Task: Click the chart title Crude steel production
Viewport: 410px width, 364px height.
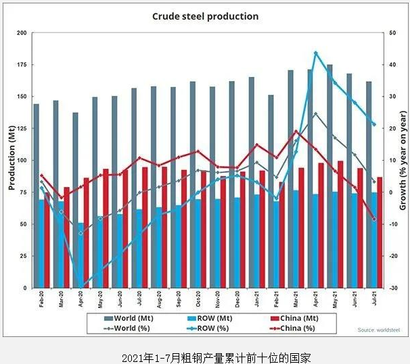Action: coord(205,16)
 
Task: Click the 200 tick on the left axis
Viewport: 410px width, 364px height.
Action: coord(22,32)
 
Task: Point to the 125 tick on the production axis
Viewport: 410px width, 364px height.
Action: coord(22,128)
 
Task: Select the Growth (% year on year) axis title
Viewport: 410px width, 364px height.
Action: coord(403,160)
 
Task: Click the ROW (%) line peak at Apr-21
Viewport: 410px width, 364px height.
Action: coord(316,53)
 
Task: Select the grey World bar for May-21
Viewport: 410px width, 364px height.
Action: coord(329,176)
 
